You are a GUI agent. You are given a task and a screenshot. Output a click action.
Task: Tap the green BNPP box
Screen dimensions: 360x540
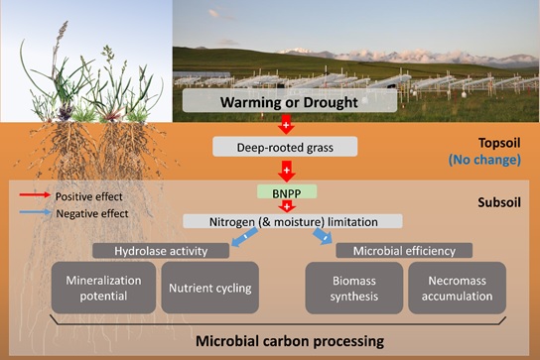coord(287,192)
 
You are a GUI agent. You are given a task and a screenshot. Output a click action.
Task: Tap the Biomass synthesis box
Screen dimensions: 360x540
coord(354,288)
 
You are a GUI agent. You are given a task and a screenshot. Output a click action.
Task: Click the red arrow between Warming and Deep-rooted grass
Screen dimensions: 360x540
coord(287,125)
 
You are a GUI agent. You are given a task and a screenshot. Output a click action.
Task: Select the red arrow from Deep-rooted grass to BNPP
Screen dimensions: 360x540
coord(287,171)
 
